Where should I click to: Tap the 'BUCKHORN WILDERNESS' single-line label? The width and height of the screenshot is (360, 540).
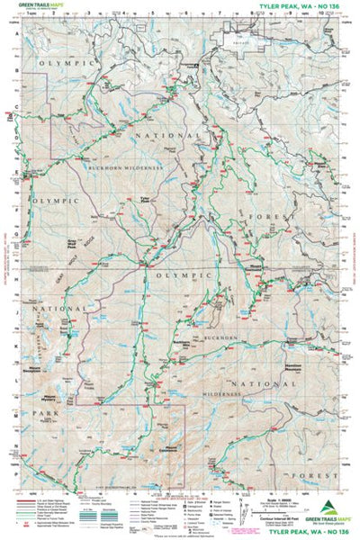[x=124, y=167]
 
